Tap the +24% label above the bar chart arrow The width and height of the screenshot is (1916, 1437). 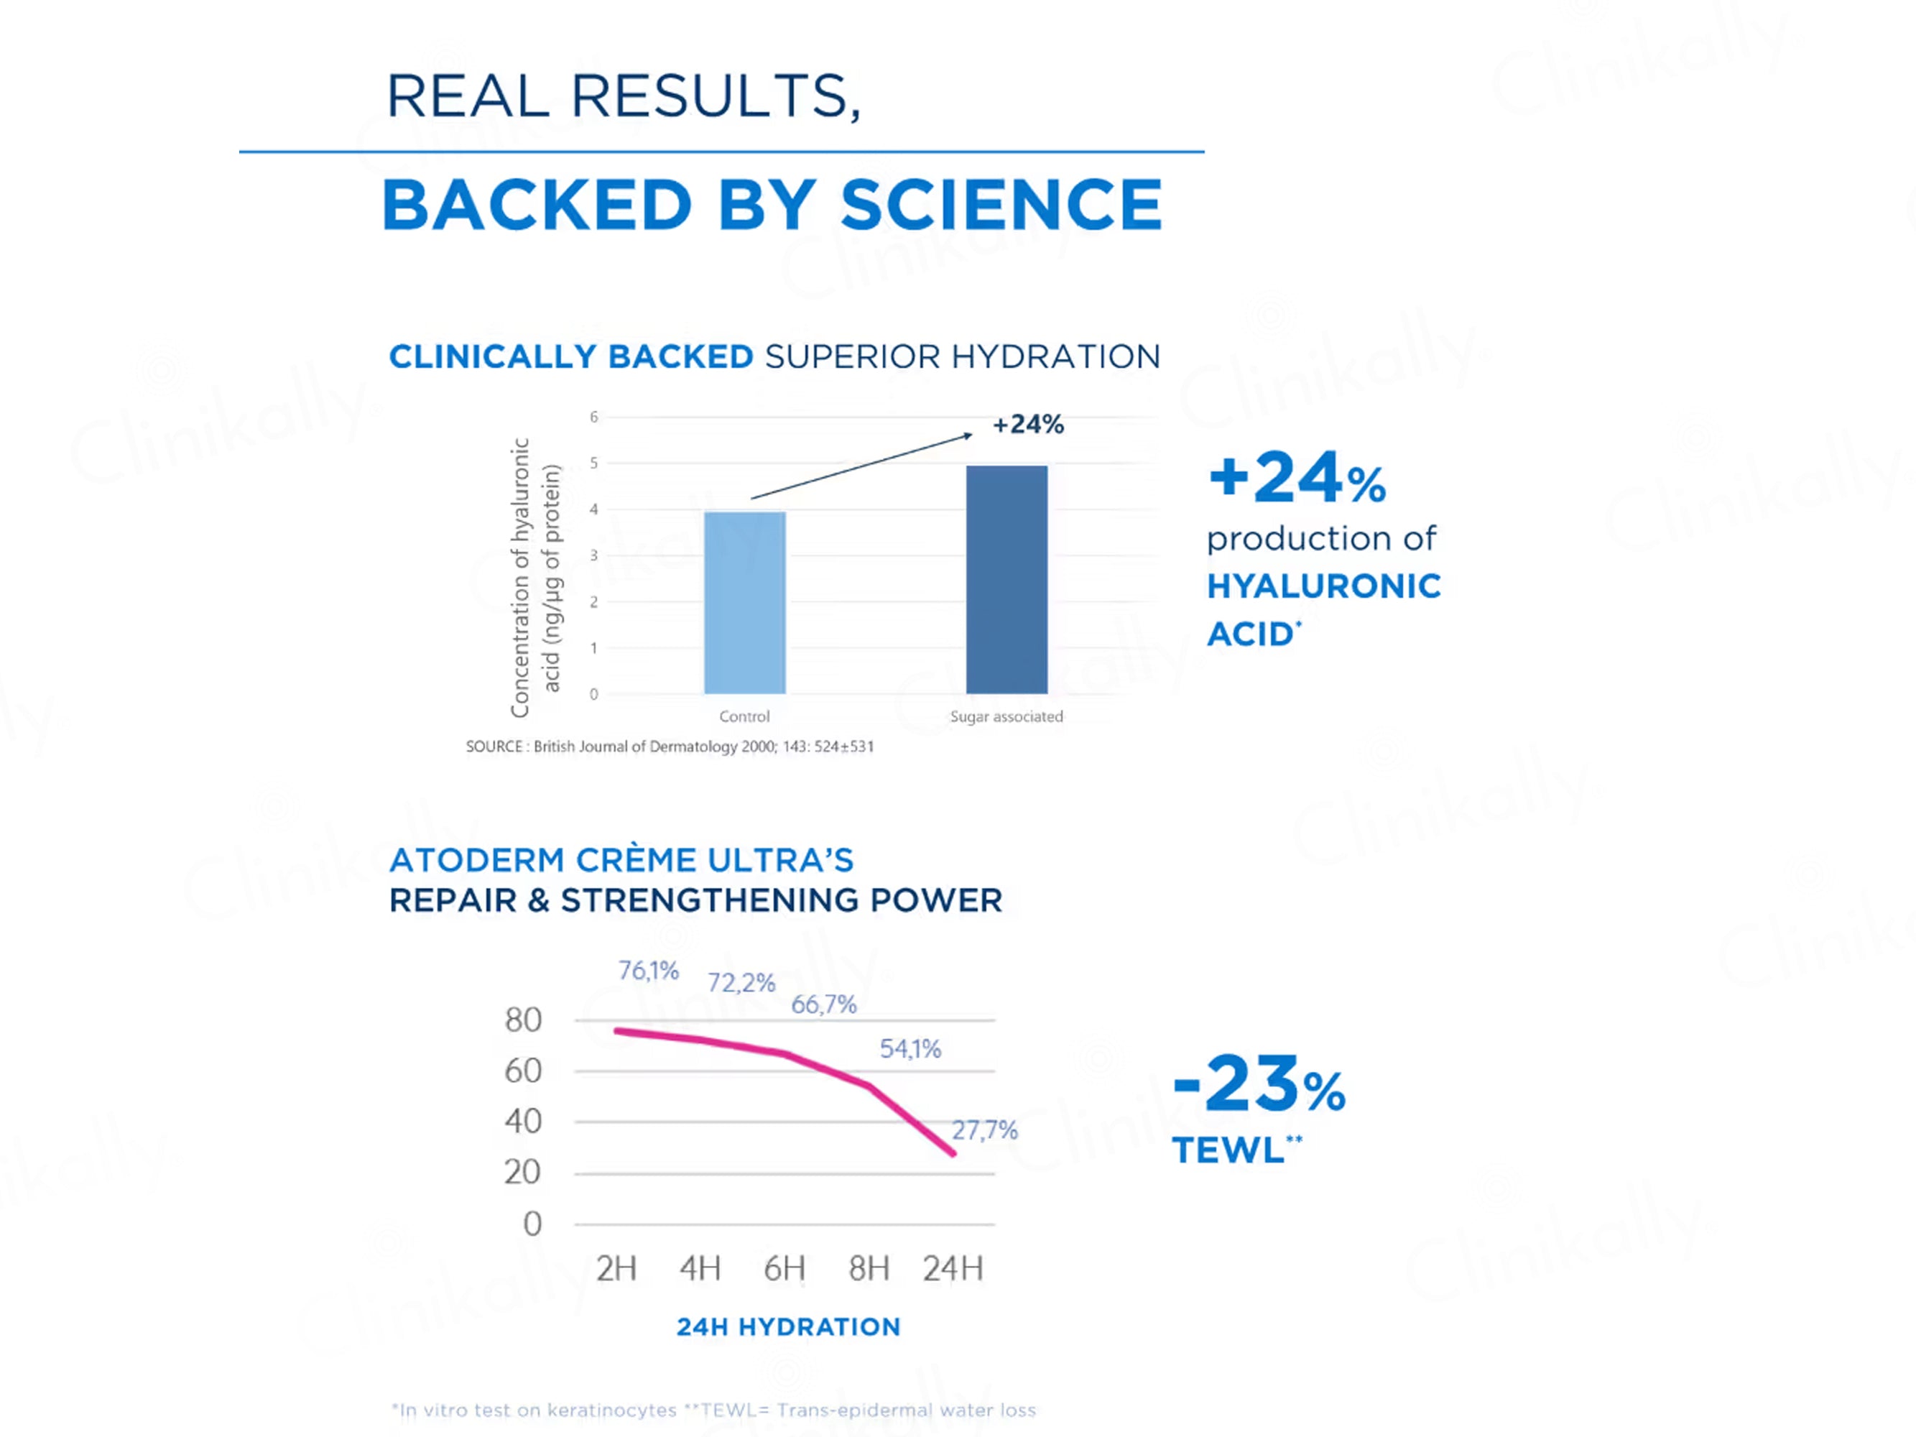coord(1027,425)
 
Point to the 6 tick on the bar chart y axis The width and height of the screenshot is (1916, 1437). coord(593,417)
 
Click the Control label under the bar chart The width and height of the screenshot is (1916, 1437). coord(744,716)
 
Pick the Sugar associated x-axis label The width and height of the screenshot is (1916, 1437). coord(1006,716)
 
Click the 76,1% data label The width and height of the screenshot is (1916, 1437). coord(648,971)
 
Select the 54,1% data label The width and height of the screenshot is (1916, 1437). coord(910,1049)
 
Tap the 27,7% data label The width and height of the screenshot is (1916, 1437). coord(984,1130)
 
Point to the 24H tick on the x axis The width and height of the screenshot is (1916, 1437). coord(952,1269)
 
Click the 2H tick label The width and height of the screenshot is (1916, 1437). coord(616,1269)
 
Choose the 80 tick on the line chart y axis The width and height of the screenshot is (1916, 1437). coord(523,1020)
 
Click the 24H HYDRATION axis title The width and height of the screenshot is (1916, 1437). coord(788,1327)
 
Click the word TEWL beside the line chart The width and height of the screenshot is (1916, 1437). coord(1227,1151)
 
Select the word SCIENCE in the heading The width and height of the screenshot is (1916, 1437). coord(1001,205)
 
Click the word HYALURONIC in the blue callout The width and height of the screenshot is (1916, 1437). coord(1323,586)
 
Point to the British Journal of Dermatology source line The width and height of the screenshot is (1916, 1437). coord(670,747)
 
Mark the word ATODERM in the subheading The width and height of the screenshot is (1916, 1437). coord(476,860)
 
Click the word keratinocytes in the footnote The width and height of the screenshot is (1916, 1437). coord(611,1410)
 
